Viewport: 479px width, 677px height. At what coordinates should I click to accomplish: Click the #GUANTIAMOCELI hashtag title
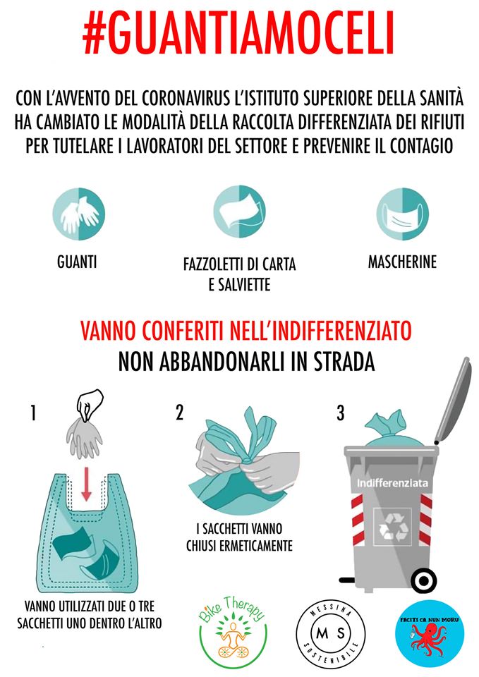pos(238,34)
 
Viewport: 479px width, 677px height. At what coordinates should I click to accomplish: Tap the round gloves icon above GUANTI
pos(78,214)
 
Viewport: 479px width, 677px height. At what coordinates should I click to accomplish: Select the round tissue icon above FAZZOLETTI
pos(239,212)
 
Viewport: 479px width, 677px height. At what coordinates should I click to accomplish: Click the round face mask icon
pos(402,214)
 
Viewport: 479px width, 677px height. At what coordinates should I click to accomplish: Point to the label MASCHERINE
pos(402,262)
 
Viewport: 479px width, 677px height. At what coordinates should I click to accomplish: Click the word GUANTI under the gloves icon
pos(77,262)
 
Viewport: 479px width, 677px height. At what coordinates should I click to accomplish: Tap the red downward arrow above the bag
pos(86,484)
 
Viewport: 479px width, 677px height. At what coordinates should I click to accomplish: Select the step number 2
pos(180,413)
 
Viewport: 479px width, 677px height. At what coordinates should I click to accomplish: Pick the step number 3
pos(340,413)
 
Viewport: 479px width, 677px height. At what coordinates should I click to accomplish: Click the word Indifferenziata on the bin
pos(392,482)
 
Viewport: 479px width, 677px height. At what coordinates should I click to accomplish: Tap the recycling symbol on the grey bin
pos(393,526)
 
